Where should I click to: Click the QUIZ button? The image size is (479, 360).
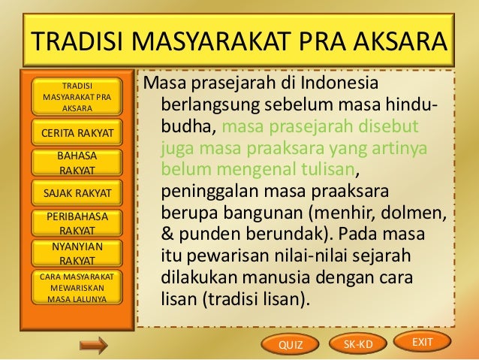pyautogui.click(x=289, y=345)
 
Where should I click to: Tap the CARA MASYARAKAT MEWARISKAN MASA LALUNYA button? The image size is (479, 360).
pyautogui.click(x=74, y=288)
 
